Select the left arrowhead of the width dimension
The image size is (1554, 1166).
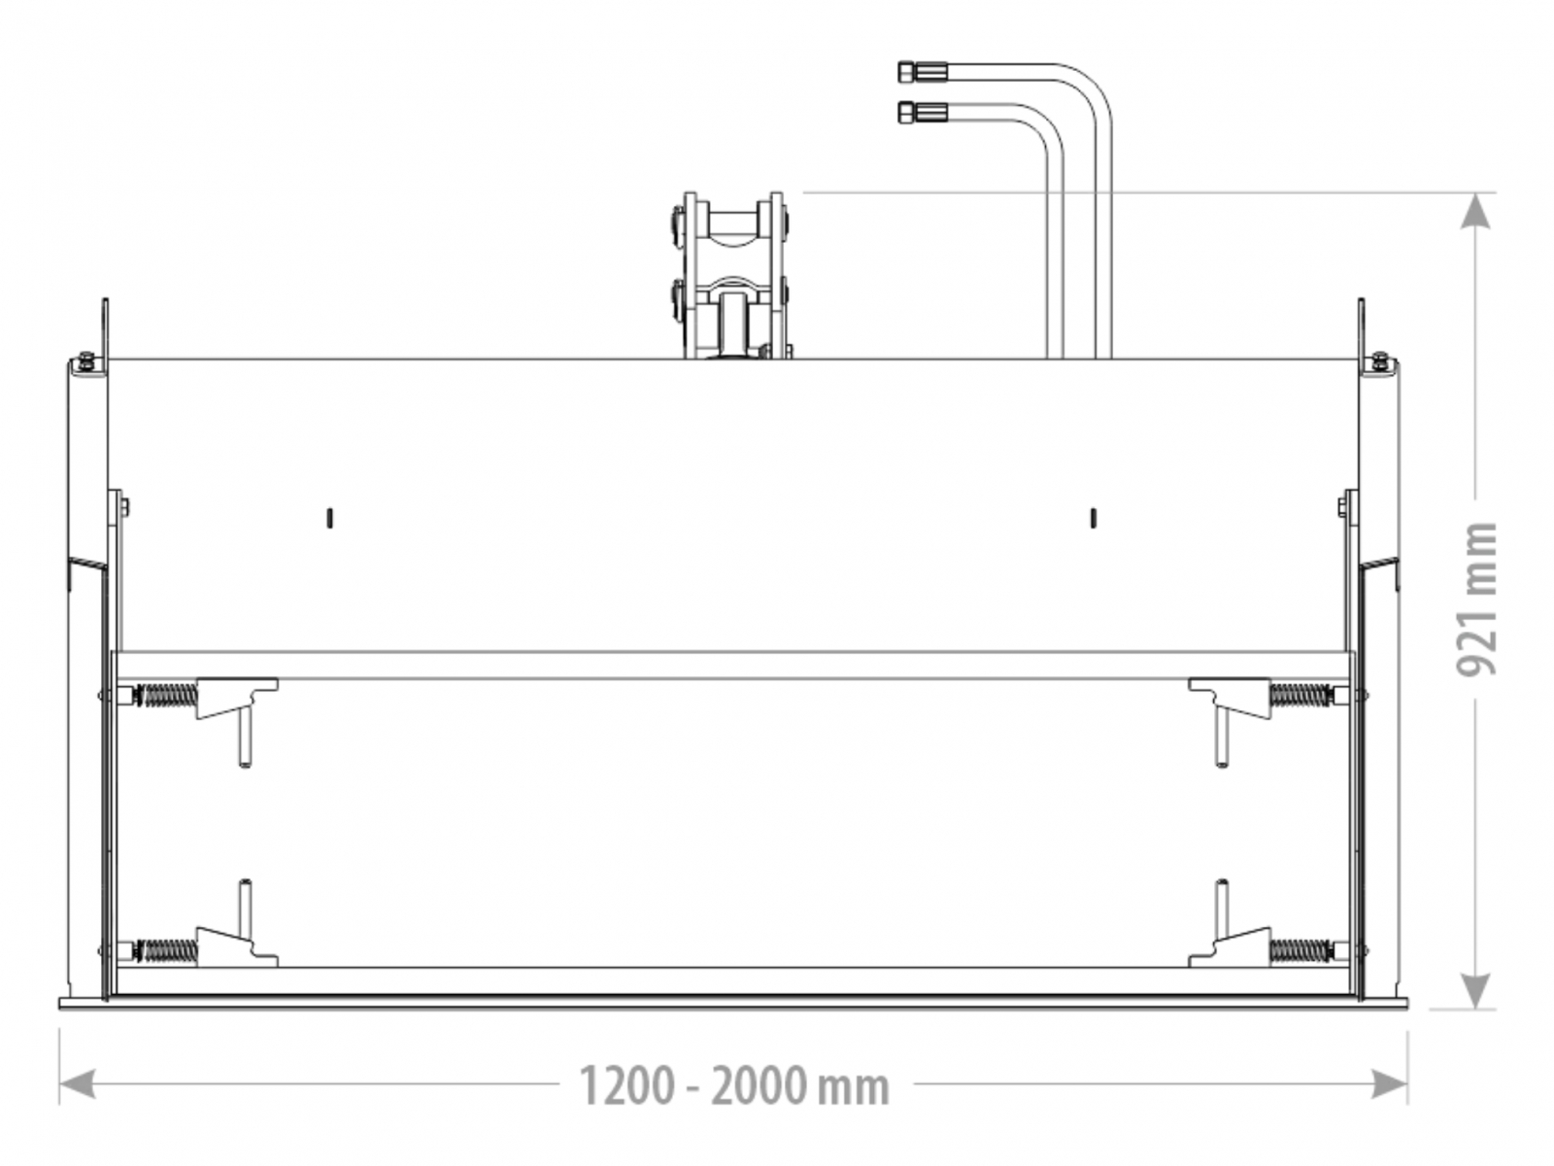pyautogui.click(x=77, y=1083)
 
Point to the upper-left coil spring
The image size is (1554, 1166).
pyautogui.click(x=165, y=695)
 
